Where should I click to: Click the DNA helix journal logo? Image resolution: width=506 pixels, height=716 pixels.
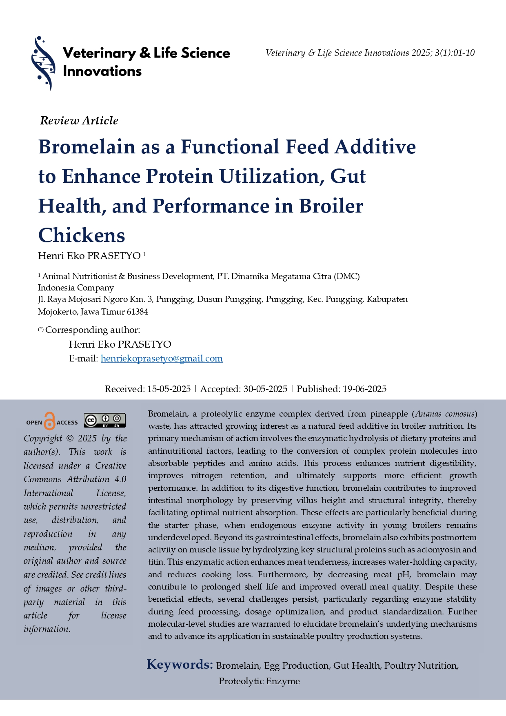pos(43,63)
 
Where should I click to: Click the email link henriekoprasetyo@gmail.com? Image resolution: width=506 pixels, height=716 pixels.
pos(162,359)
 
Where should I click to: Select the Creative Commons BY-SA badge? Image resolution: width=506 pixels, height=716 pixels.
pos(104,421)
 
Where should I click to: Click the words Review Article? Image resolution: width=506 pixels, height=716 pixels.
pos(79,121)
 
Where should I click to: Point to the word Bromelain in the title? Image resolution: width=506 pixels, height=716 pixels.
pos(87,147)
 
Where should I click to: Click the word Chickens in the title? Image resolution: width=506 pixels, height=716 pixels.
pos(82,235)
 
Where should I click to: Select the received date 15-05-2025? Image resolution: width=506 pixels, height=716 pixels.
pos(169,389)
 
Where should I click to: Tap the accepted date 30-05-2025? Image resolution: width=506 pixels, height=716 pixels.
pos(265,389)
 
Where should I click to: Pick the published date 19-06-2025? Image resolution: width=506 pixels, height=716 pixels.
pos(364,389)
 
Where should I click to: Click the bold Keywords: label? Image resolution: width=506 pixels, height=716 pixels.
pos(180,665)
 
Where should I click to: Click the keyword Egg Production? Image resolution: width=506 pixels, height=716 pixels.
pos(296,666)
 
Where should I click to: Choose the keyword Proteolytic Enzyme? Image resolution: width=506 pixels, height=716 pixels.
pos(259,681)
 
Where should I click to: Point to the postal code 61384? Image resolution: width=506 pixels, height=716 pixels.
pos(138,312)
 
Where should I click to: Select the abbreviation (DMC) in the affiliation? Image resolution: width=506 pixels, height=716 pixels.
pos(346,277)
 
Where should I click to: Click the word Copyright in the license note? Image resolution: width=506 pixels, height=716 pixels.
pos(43,439)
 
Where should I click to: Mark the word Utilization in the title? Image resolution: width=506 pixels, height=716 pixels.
pos(269,177)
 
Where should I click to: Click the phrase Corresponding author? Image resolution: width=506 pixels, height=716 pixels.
pos(93,330)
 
